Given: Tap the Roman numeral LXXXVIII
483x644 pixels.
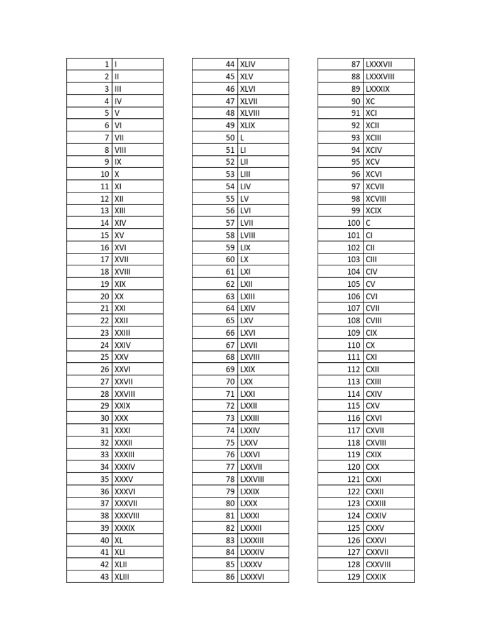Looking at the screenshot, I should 380,77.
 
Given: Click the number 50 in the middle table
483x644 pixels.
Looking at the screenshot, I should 230,138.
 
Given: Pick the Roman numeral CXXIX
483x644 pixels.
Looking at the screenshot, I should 376,577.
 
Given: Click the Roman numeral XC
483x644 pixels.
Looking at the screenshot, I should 370,101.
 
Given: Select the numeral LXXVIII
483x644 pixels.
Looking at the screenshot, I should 252,479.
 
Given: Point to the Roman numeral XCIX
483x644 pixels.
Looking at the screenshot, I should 374,211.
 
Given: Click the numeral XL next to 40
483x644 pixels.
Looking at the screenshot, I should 119,540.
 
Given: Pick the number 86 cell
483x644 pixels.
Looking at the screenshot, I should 230,577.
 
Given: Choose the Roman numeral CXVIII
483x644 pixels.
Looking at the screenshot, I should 376,443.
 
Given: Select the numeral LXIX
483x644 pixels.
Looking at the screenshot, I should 248,369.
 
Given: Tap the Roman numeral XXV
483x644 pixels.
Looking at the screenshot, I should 121,357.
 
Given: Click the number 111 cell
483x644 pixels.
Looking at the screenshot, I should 353,357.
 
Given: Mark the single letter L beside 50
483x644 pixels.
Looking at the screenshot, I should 242,138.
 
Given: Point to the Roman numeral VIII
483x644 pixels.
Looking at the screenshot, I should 120,150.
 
